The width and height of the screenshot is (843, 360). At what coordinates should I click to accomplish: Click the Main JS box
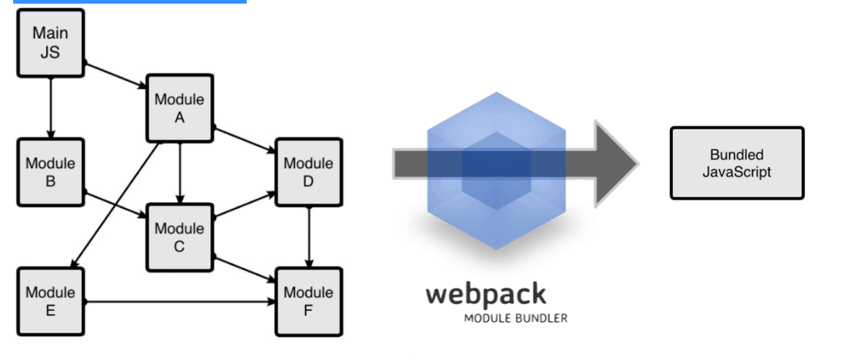pyautogui.click(x=50, y=42)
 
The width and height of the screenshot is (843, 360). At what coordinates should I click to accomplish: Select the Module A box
pyautogui.click(x=180, y=108)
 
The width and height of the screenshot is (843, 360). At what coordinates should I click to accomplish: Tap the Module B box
pyautogui.click(x=50, y=172)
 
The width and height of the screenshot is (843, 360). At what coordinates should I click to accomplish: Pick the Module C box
pyautogui.click(x=180, y=237)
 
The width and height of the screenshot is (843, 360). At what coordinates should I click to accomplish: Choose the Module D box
pyautogui.click(x=308, y=172)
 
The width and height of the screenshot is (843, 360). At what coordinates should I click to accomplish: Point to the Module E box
pyautogui.click(x=50, y=302)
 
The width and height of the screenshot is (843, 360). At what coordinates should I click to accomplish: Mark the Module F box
pyautogui.click(x=308, y=302)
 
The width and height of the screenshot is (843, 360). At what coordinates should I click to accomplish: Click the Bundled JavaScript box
pyautogui.click(x=736, y=164)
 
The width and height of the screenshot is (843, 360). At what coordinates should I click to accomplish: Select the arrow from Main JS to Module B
pyautogui.click(x=50, y=107)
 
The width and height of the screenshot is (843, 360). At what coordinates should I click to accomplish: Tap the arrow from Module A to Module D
pyautogui.click(x=244, y=140)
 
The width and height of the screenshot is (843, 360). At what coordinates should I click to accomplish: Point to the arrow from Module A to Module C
pyautogui.click(x=180, y=172)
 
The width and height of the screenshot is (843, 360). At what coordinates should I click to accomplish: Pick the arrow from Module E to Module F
pyautogui.click(x=180, y=302)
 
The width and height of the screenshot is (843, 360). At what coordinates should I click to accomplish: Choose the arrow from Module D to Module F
pyautogui.click(x=309, y=237)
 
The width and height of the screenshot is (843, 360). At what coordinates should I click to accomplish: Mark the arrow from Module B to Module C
pyautogui.click(x=115, y=205)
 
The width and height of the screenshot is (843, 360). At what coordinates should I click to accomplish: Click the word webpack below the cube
pyautogui.click(x=485, y=294)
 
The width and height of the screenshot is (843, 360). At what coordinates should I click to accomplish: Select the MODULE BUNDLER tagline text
pyautogui.click(x=515, y=318)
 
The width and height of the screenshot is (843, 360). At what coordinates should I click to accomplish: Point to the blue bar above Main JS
pyautogui.click(x=129, y=2)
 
